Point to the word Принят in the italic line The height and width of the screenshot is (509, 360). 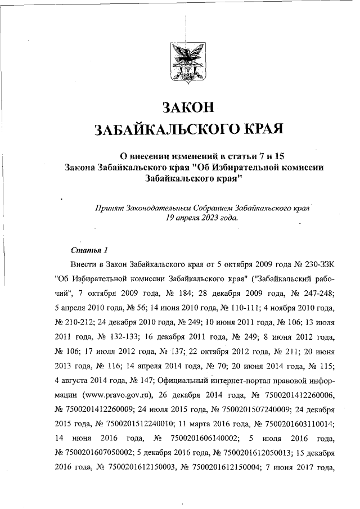(x=111, y=207)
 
